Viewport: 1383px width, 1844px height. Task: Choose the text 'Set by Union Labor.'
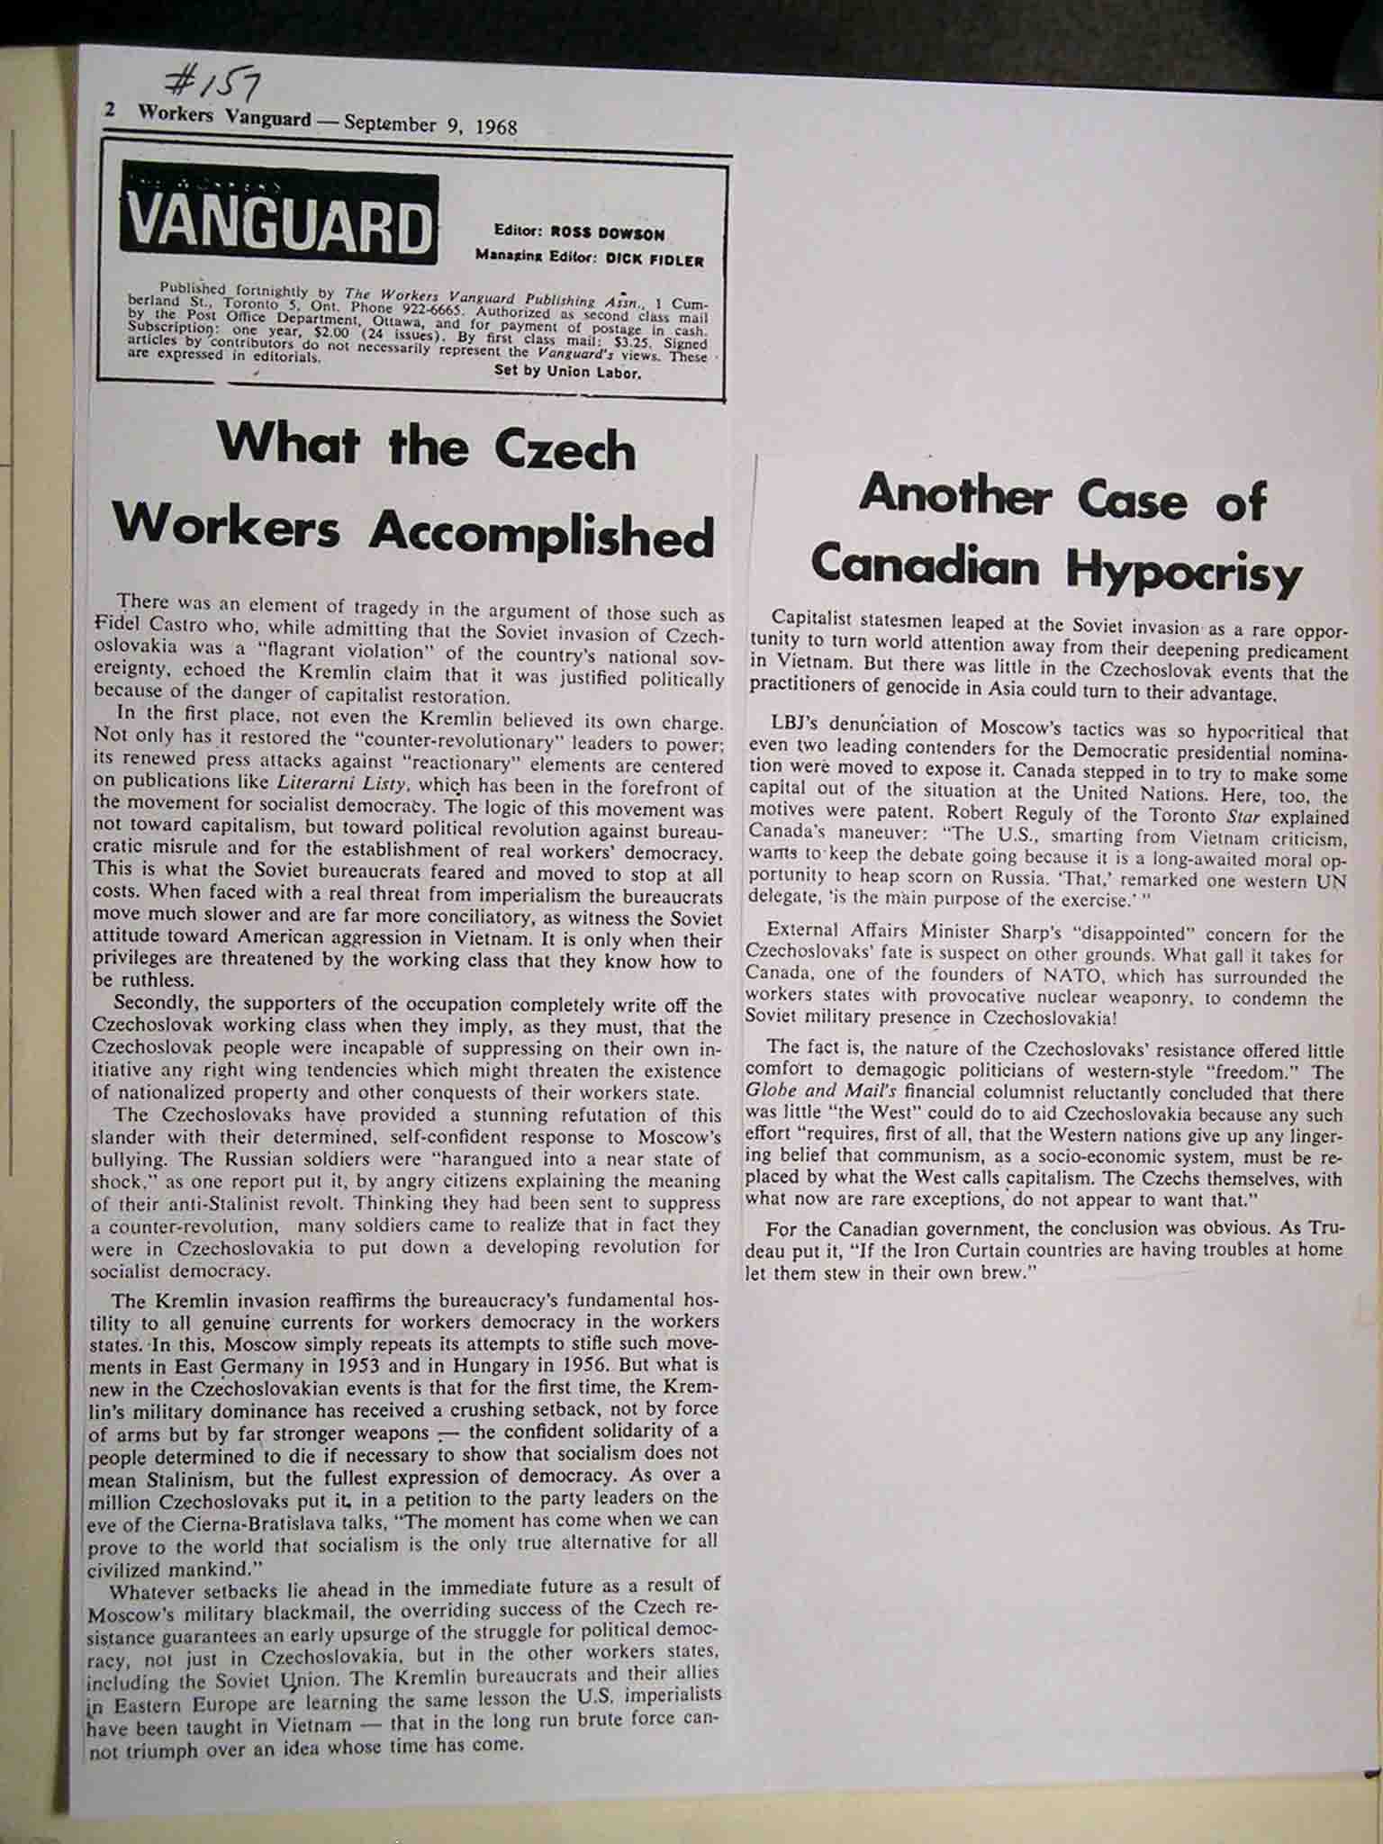pos(567,373)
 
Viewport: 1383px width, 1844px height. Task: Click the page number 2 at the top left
pos(111,111)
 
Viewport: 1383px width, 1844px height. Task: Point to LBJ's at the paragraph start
pos(800,726)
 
